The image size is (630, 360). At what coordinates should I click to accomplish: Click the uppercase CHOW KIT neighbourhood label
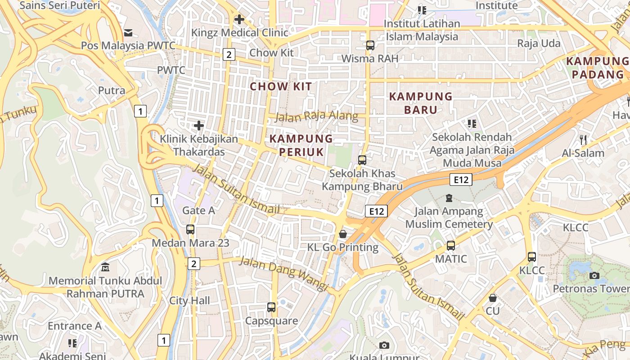(x=281, y=86)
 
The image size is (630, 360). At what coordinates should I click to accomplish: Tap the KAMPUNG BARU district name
(x=421, y=103)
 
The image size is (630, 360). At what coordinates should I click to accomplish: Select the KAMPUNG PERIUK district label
(x=301, y=145)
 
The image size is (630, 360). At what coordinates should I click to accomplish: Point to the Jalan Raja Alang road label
(x=316, y=117)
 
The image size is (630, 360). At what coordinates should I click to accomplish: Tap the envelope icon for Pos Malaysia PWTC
(x=129, y=32)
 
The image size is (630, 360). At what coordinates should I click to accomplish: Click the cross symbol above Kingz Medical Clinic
(x=239, y=19)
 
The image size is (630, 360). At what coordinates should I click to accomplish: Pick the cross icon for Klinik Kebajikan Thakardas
(x=198, y=126)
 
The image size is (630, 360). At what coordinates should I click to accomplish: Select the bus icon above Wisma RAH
(x=370, y=45)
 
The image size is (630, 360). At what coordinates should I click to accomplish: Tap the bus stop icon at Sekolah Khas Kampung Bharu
(x=362, y=160)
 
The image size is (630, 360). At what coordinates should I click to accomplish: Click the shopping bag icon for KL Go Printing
(x=343, y=234)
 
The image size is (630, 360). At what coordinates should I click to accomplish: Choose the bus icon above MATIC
(x=451, y=246)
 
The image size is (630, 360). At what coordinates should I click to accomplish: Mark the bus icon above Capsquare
(x=271, y=307)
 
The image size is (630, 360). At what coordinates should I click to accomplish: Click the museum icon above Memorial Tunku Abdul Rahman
(x=105, y=267)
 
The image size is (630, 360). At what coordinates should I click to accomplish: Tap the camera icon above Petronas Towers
(x=594, y=275)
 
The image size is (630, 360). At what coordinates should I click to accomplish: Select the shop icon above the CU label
(x=493, y=298)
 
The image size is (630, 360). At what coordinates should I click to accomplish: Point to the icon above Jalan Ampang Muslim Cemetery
(x=449, y=198)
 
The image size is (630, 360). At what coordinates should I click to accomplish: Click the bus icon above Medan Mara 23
(x=190, y=229)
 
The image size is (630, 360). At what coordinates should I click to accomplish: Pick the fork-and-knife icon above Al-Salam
(x=583, y=139)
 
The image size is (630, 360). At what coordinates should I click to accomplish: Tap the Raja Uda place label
(x=539, y=44)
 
